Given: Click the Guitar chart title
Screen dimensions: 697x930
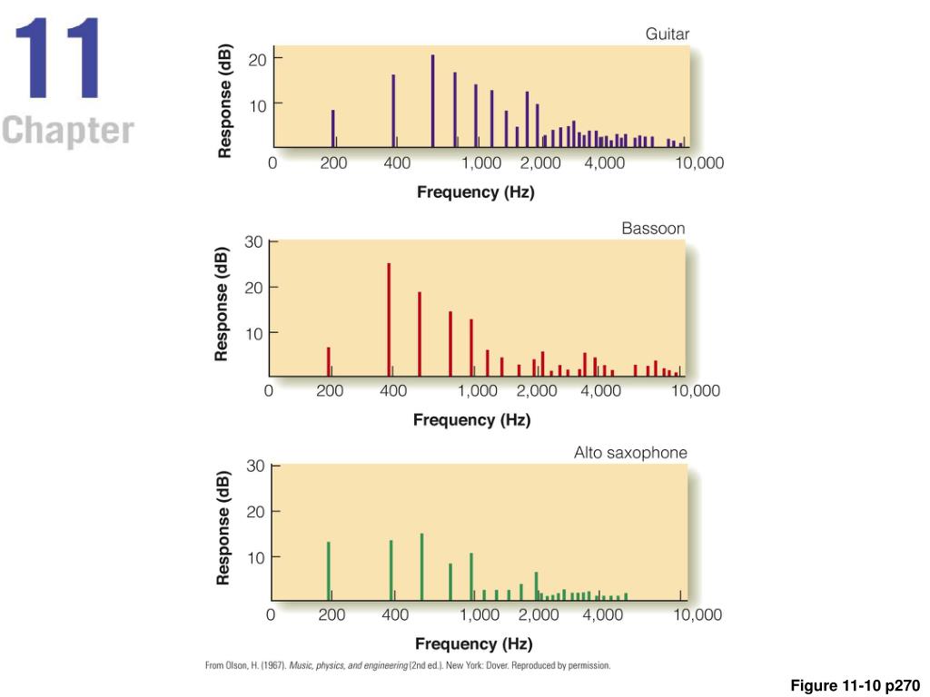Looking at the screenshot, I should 667,34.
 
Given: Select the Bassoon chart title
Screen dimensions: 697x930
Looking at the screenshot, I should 653,229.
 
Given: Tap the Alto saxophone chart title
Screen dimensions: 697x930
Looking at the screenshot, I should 630,452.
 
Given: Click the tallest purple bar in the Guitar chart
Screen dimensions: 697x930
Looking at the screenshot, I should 432,100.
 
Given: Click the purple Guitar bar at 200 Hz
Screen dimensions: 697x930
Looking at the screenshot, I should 332,128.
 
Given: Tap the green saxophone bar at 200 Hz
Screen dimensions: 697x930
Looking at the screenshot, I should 328,571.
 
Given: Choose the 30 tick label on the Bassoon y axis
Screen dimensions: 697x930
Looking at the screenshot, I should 253,242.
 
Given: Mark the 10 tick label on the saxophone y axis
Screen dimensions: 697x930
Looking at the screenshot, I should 255,556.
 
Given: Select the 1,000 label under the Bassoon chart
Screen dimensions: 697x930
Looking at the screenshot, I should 477,391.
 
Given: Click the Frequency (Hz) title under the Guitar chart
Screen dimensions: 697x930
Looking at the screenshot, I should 475,192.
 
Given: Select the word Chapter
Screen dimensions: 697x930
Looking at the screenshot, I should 67,131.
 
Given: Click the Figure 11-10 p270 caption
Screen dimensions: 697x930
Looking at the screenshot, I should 855,685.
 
